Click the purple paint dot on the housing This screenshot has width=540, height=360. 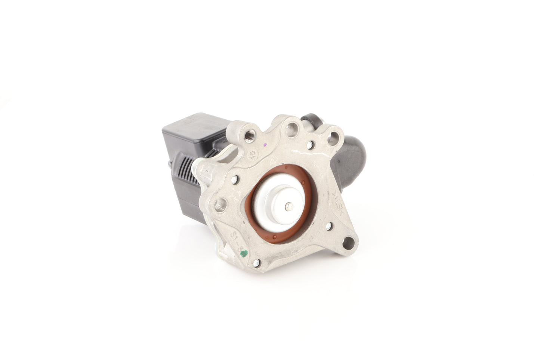[x=265, y=144]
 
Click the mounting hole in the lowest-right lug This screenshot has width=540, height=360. [x=350, y=241]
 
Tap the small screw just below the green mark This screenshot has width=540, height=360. [x=257, y=264]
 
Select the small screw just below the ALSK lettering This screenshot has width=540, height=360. [x=328, y=226]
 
